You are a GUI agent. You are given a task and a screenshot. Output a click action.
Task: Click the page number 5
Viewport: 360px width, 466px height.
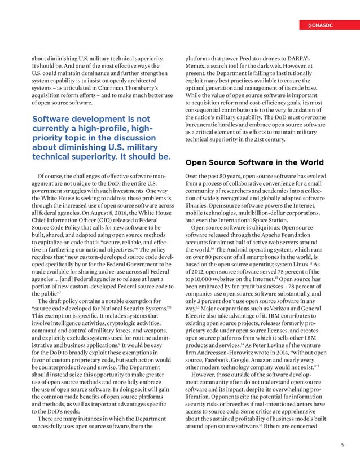point(342,445)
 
